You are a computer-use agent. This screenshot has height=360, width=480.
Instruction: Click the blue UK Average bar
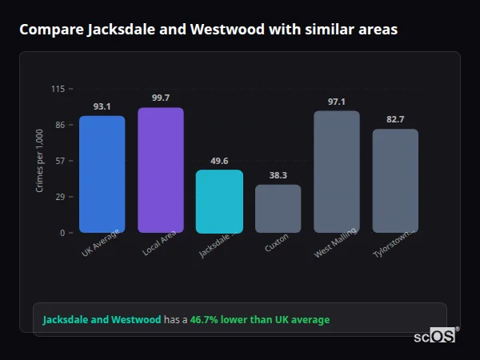pos(102,174)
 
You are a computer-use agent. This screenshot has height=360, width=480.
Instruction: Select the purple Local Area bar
pos(160,170)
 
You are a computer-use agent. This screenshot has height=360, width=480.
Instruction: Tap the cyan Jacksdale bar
pos(219,202)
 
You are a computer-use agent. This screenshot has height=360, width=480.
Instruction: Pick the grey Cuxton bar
pos(278,209)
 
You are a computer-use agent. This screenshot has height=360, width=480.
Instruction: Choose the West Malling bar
pos(336,172)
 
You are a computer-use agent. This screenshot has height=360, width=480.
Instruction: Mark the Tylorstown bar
pos(395,181)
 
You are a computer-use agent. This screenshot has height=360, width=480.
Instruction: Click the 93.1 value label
pos(102,106)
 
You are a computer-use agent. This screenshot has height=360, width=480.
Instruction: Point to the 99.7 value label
pos(160,98)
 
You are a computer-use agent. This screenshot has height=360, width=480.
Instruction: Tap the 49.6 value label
pos(219,161)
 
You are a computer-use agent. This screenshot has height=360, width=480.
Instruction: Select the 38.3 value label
pos(278,175)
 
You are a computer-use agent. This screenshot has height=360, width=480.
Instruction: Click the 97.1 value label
pos(336,102)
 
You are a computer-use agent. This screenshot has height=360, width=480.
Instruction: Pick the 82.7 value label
pos(395,119)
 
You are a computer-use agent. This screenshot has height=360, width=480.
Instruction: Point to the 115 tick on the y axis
pos(58,89)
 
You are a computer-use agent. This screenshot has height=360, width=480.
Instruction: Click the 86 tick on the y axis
pos(59,125)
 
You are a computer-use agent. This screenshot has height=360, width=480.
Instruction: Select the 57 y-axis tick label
pos(59,161)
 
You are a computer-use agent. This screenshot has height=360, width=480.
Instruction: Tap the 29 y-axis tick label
pos(59,197)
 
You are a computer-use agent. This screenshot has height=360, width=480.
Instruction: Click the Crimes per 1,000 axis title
pos(40,161)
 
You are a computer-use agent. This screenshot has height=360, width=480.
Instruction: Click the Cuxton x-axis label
pos(277,242)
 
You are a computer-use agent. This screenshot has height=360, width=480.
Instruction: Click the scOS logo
pos(434,336)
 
